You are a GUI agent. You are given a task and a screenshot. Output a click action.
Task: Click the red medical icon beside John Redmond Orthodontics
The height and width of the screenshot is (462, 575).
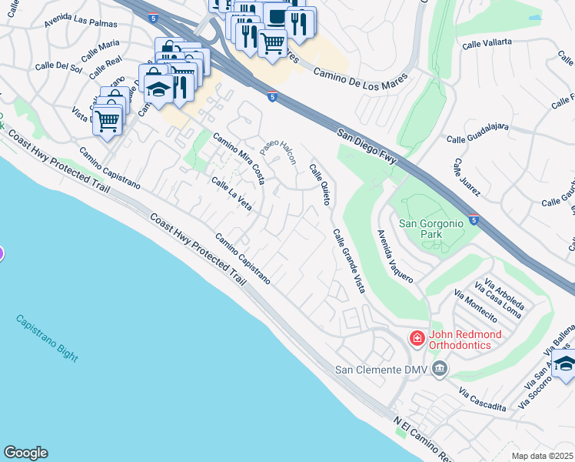[x=417, y=339]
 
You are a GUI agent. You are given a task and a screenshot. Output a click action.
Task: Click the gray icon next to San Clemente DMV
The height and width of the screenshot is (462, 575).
[x=439, y=370]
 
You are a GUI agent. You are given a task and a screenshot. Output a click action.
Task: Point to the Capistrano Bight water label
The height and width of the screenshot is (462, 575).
[x=46, y=337]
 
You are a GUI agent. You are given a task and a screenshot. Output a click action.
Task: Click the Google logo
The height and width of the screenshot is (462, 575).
[x=25, y=453]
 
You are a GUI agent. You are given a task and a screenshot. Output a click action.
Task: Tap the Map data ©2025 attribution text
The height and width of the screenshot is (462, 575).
[x=543, y=456]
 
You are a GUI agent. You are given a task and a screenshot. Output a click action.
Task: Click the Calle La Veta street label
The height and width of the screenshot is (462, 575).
[x=231, y=193]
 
